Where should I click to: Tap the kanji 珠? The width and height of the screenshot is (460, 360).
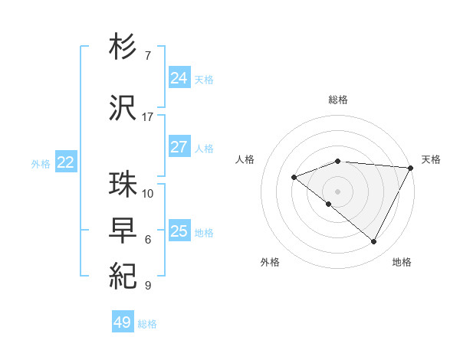pos(123,185)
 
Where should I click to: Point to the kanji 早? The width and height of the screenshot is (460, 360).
pos(123,231)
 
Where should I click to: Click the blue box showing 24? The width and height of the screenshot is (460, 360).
pos(179,78)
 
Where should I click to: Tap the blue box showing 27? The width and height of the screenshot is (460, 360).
pos(179,147)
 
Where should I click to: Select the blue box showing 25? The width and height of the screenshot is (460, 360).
pos(179,231)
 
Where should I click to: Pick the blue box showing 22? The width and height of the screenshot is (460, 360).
pos(66,162)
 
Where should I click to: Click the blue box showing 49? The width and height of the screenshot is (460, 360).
pos(123,322)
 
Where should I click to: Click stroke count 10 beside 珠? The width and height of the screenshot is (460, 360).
pos(148,193)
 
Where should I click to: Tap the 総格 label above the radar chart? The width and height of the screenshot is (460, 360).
pos(338,100)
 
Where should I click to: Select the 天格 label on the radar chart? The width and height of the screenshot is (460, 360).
pos(432,159)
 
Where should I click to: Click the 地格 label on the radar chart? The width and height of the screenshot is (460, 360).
pos(402,262)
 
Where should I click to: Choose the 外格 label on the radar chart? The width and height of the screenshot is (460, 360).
pos(270,262)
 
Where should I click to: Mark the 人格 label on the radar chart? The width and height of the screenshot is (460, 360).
pos(245,159)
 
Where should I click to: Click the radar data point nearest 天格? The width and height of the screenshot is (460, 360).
pos(412,168)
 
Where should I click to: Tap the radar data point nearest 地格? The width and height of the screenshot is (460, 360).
pos(373,242)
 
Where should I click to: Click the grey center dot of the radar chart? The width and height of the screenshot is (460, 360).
pos(337,191)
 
